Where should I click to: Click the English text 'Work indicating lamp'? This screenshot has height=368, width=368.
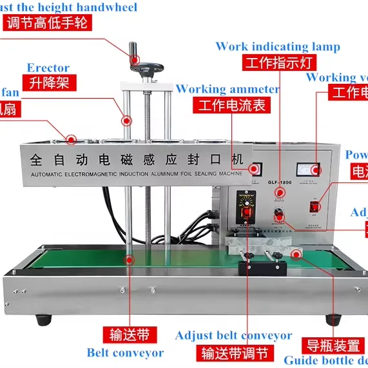click(278, 47)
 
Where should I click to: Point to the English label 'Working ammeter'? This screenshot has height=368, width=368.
click(228, 89)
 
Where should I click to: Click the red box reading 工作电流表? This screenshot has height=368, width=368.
click(232, 106)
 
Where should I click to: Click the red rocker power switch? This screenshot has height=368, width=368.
click(315, 207)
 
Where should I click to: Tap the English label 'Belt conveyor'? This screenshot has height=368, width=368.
click(125, 353)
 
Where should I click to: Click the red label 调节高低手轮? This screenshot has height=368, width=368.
click(46, 22)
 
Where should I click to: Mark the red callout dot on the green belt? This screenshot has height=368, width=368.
click(130, 260)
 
